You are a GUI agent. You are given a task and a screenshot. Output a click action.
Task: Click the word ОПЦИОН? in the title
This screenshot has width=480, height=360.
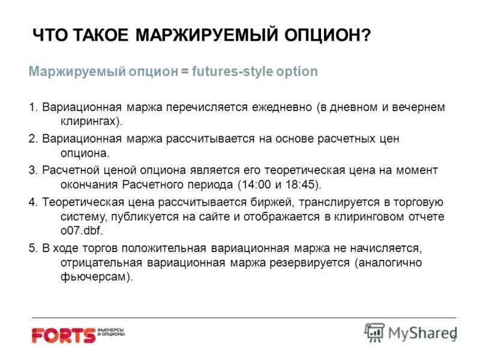326,35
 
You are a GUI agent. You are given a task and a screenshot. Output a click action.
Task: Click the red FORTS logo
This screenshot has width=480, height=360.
64,335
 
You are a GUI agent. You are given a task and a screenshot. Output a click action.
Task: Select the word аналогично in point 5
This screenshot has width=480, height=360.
392,263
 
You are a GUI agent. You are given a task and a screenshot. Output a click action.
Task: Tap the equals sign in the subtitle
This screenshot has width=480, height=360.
185,71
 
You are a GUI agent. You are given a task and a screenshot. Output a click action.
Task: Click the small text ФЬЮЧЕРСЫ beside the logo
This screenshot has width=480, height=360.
112,330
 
